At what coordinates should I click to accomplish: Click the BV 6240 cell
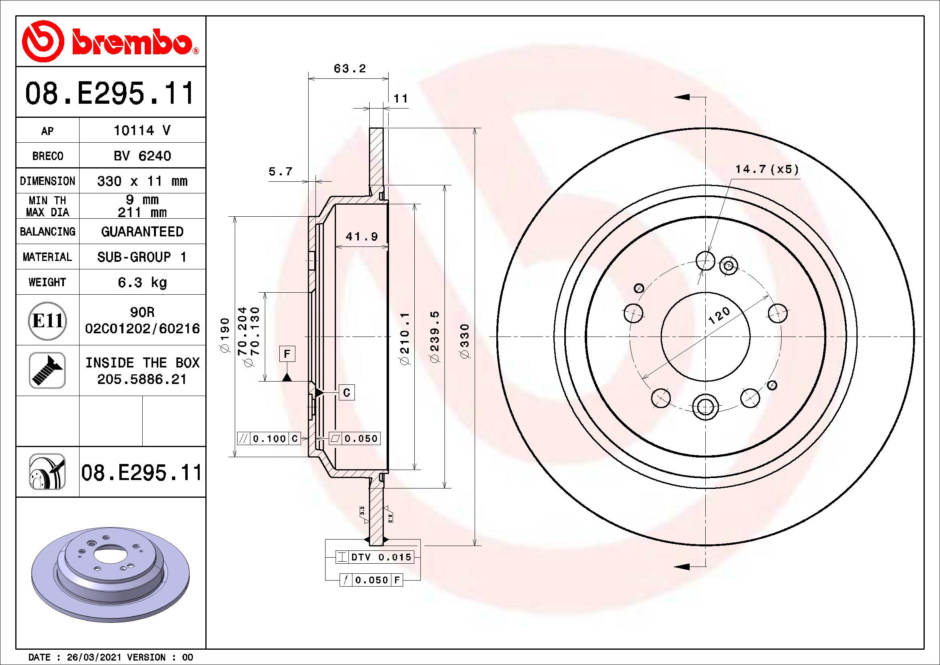coord(142,156)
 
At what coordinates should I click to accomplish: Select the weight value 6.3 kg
coord(142,282)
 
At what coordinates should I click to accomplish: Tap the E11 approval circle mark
coord(47,320)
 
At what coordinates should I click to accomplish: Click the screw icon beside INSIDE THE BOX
coord(47,370)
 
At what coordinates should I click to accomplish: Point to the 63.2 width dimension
coord(349,69)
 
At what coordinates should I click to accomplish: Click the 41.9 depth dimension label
coord(362,237)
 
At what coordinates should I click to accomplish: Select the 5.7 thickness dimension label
coord(281,171)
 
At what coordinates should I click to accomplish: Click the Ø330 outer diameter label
coord(465,341)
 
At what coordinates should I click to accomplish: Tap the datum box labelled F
coord(287,353)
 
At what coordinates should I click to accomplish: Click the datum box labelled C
coord(346,393)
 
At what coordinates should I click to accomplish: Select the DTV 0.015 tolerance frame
coord(375,557)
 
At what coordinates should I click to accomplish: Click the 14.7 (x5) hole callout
coord(767,169)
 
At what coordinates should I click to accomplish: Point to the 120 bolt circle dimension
coord(719,316)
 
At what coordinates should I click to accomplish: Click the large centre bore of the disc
coord(705,337)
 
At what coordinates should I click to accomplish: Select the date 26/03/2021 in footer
coord(94,657)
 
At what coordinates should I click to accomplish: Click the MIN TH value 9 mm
coord(142,200)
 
